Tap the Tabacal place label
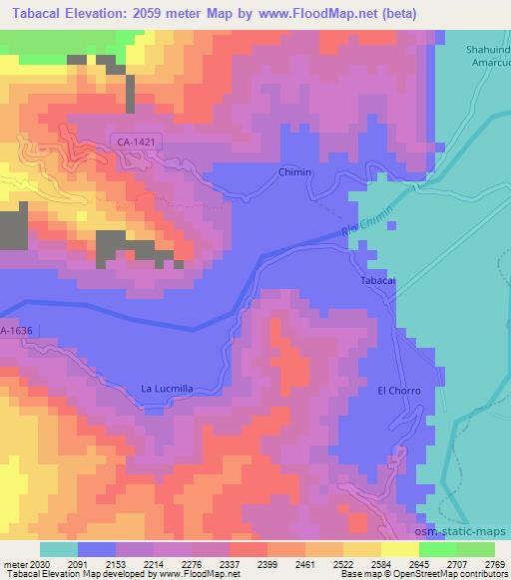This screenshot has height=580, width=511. (x=378, y=282)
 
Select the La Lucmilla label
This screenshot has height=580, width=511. (x=167, y=389)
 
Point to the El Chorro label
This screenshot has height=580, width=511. (x=398, y=390)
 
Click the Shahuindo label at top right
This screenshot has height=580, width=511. (x=485, y=47)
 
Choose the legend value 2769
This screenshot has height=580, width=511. (x=495, y=563)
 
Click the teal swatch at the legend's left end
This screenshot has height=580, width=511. (x=58, y=549)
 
